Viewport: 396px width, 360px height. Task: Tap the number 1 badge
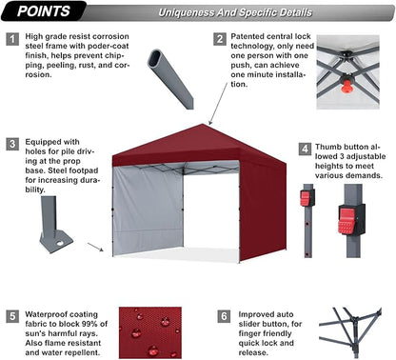pos(12,39)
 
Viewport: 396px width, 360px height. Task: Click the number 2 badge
pos(220,39)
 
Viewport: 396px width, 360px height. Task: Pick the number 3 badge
pos(12,145)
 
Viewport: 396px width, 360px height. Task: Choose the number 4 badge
pos(303,150)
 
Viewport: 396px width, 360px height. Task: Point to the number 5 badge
pos(12,314)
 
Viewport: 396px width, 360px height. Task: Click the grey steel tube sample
pos(170,76)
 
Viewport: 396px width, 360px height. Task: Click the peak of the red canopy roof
pos(206,126)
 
